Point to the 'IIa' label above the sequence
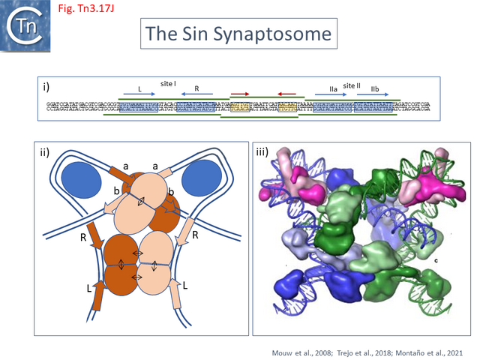click(x=333, y=89)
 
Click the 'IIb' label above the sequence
click(x=375, y=89)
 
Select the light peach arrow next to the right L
click(x=181, y=294)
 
